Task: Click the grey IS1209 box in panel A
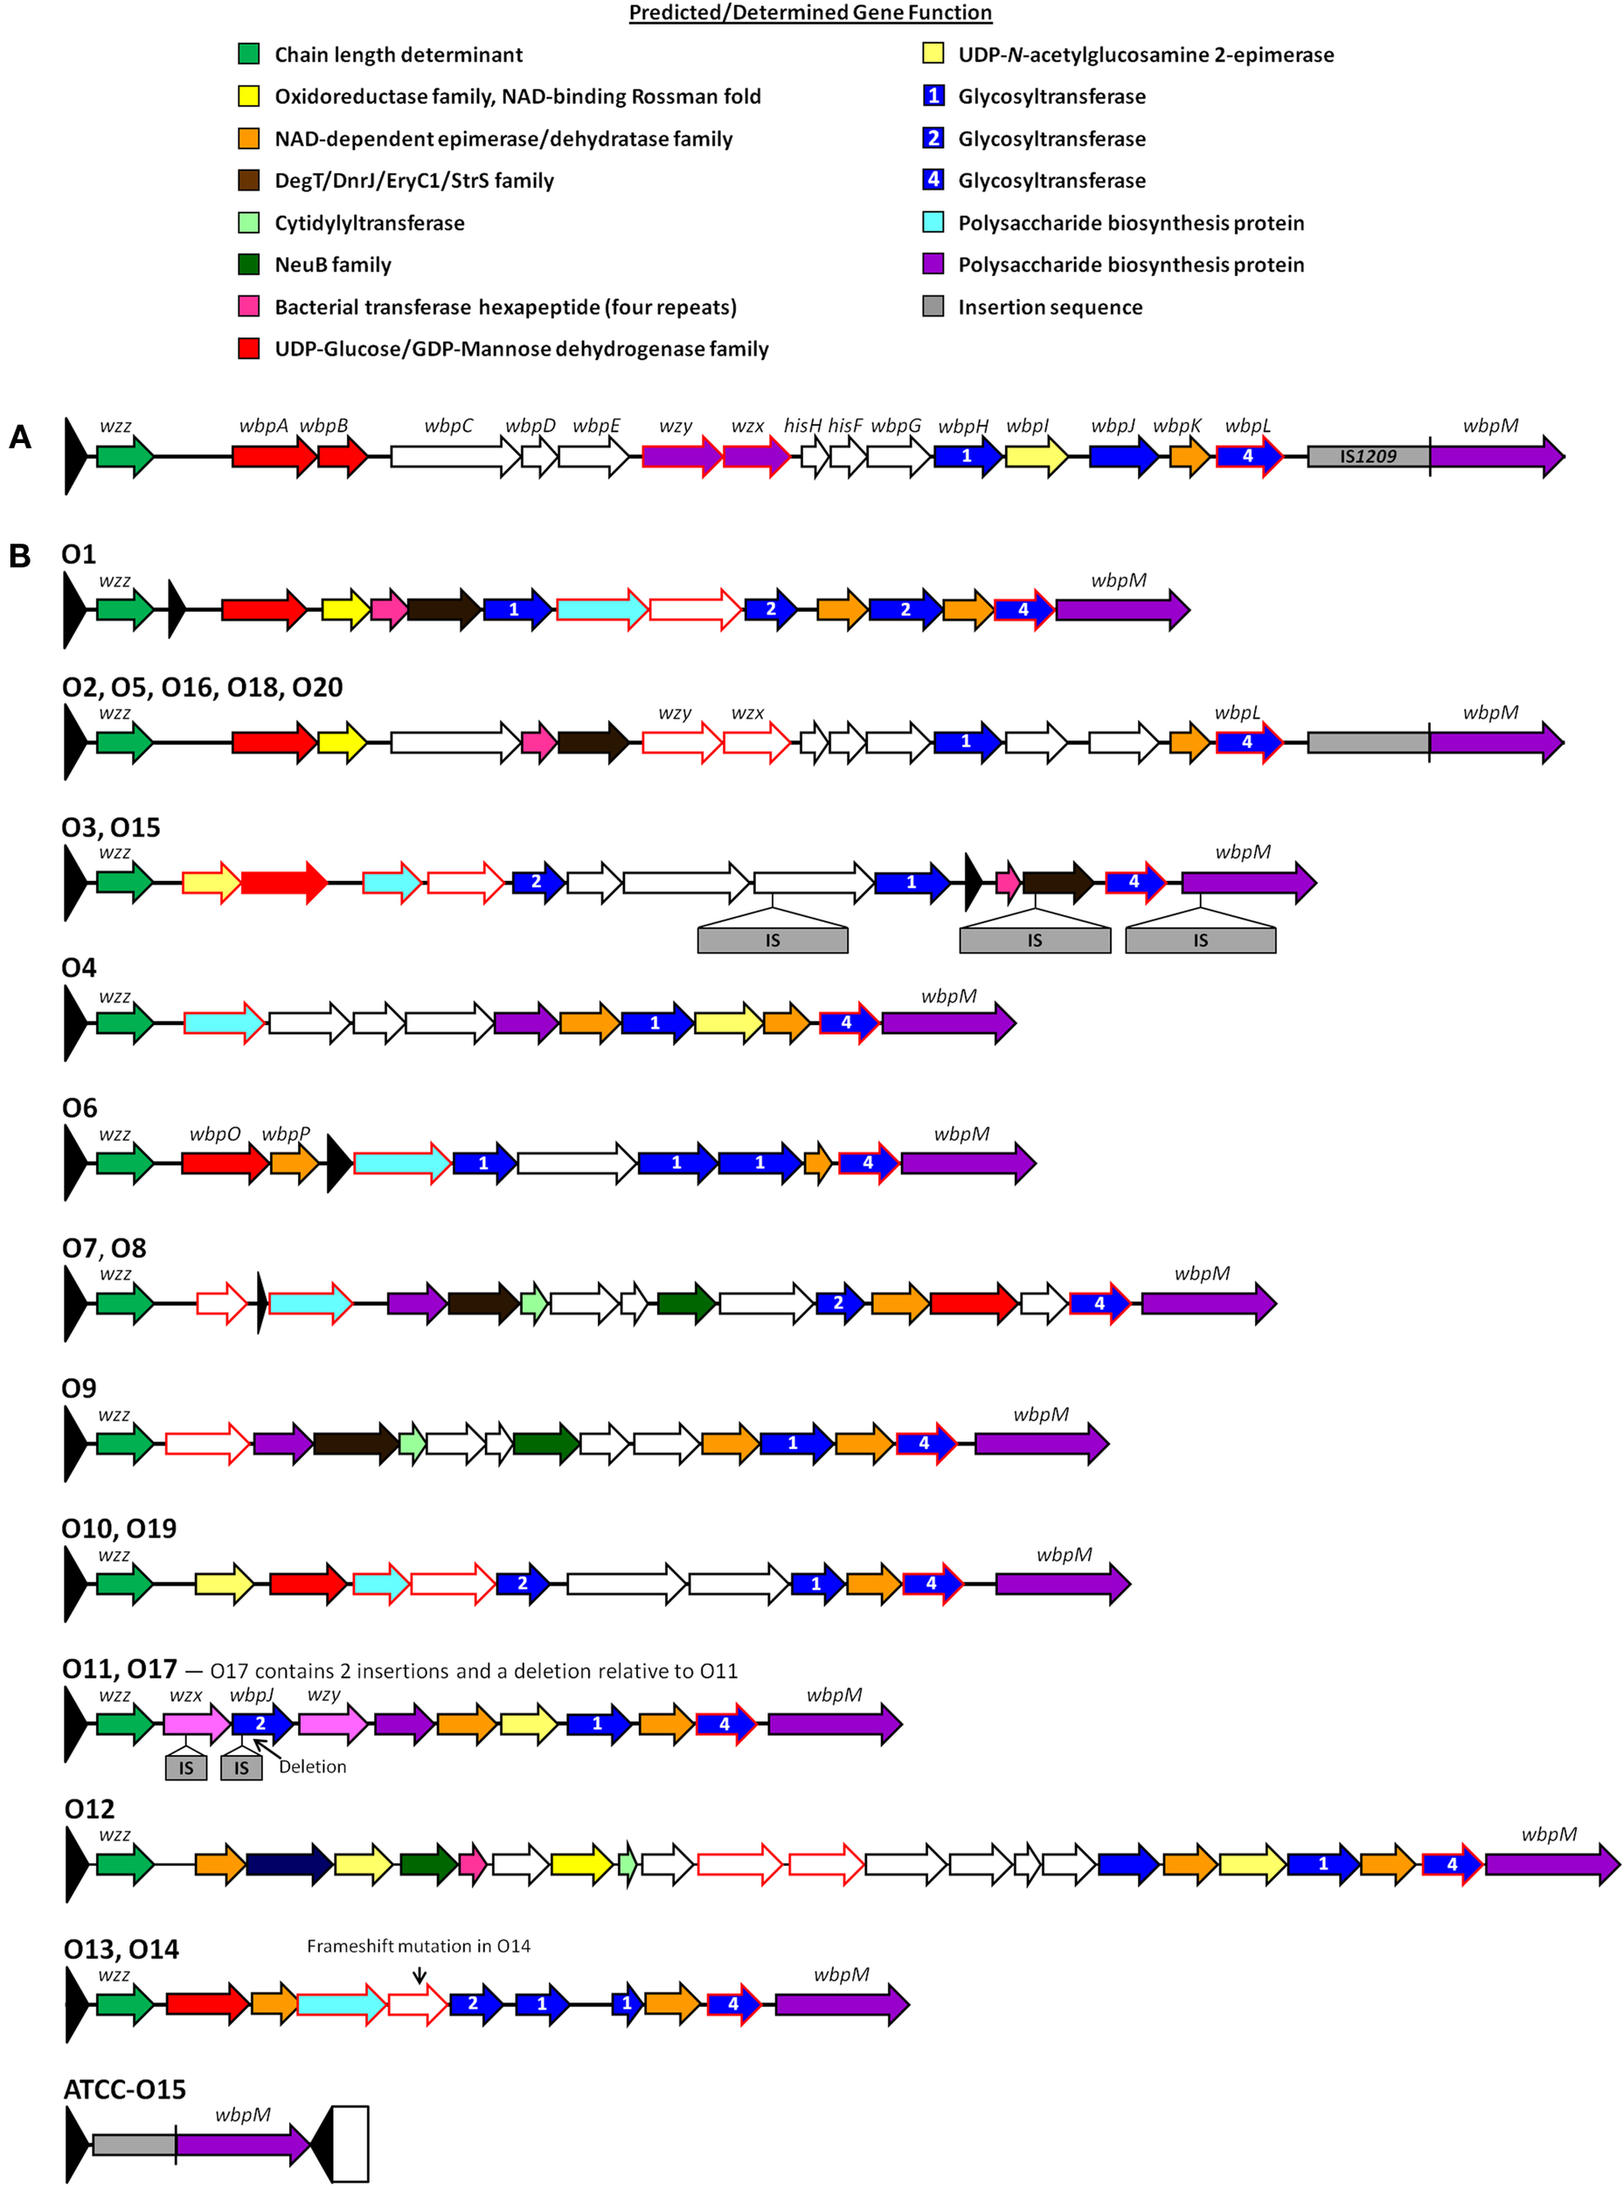pos(1368,456)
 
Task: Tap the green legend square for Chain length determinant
pos(248,54)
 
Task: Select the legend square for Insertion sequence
pos(933,307)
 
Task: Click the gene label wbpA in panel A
pos(263,426)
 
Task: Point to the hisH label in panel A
pos(801,426)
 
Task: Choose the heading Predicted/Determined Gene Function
pos(809,13)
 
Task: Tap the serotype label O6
pos(80,1108)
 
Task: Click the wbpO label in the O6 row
pos(214,1134)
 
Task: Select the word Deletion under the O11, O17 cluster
pos(312,1766)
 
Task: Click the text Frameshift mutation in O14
pos(419,1946)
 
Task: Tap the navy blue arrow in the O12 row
pos(288,1863)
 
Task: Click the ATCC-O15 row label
pos(125,2090)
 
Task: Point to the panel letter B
pos(19,556)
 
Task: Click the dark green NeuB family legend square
pos(248,264)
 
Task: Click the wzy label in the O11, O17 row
pos(323,1695)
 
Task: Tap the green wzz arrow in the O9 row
pos(125,1443)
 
